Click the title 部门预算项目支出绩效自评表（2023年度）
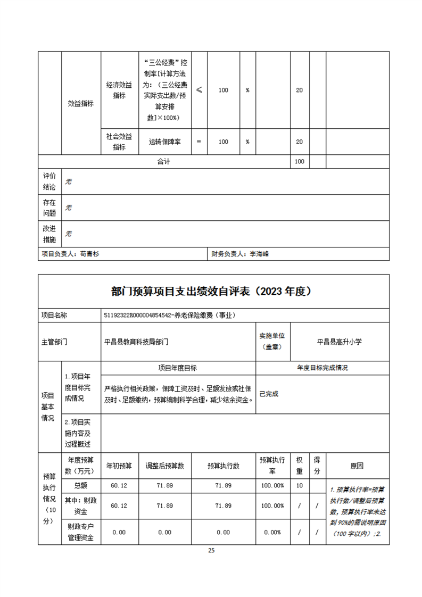coord(211,291)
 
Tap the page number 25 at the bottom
coord(211,551)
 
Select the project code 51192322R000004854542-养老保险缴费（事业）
coord(169,315)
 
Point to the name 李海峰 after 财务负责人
coord(260,254)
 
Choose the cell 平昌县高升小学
coord(339,342)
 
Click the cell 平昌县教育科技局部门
coord(136,342)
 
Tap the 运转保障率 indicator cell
coord(164,142)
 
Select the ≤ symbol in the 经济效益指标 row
coord(199,90)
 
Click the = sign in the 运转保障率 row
coord(199,142)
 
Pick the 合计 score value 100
coord(300,161)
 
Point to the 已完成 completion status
coord(269,394)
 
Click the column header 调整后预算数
coord(165,466)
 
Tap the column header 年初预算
coord(119,466)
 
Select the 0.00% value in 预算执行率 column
coord(272,532)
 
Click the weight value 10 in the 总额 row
coord(300,485)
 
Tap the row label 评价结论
coord(49,181)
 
